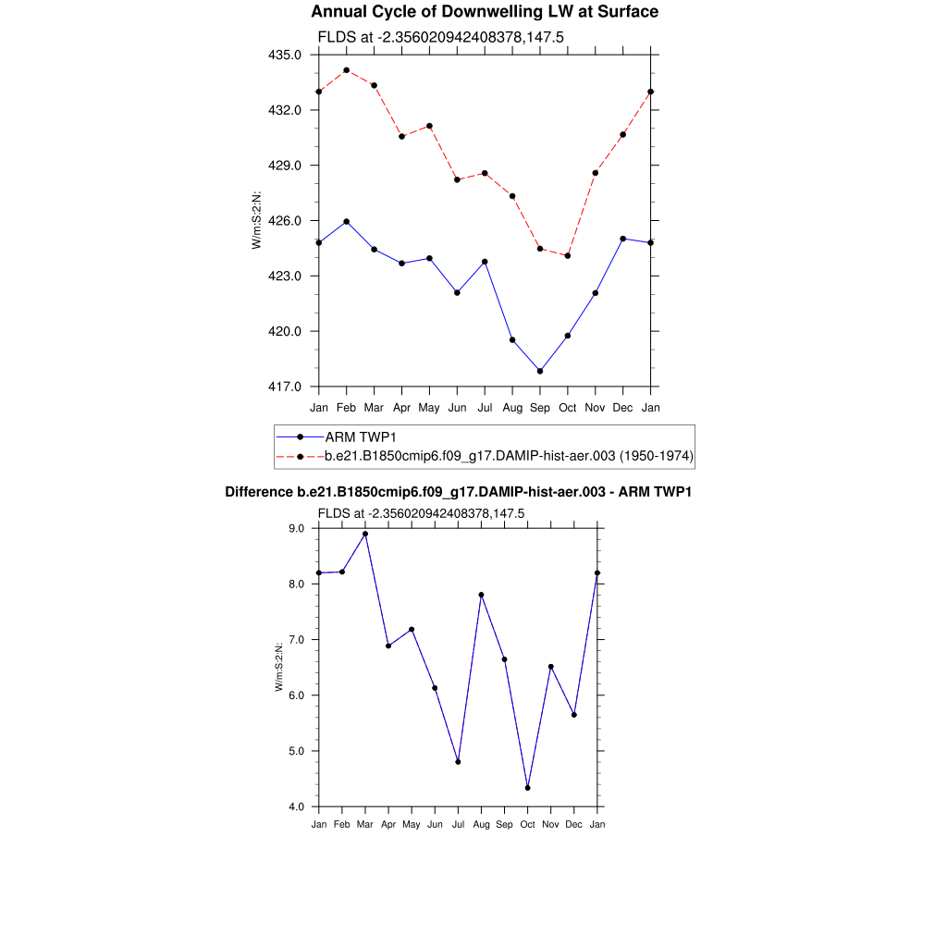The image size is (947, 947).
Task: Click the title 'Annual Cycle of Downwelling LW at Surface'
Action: coord(485,12)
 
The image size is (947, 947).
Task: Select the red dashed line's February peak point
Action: coord(346,70)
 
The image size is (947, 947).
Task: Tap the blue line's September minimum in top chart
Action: coord(540,371)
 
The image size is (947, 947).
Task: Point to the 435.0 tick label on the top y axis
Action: coord(285,55)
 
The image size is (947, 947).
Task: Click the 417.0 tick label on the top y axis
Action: coord(285,387)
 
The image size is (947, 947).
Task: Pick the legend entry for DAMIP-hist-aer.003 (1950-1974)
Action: coord(510,456)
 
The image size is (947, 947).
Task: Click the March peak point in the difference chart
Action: coord(365,534)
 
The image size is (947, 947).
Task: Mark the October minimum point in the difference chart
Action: coord(527,788)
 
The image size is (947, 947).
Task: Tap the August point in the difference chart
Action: coord(481,595)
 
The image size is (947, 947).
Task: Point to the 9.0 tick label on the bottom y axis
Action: coord(297,528)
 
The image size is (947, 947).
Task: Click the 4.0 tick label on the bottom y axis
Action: coord(297,806)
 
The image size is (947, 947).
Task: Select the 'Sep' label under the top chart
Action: coord(540,408)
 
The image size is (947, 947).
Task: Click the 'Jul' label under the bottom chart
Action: coord(458,824)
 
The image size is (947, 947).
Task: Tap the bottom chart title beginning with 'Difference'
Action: coord(459,492)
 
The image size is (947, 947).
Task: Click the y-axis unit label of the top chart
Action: coord(257,220)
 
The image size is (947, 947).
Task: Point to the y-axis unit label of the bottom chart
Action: coord(278,667)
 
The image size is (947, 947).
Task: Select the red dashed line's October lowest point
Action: coord(568,255)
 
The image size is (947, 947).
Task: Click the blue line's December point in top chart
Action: coord(623,239)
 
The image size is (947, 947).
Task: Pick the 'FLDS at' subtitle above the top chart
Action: coord(440,37)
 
